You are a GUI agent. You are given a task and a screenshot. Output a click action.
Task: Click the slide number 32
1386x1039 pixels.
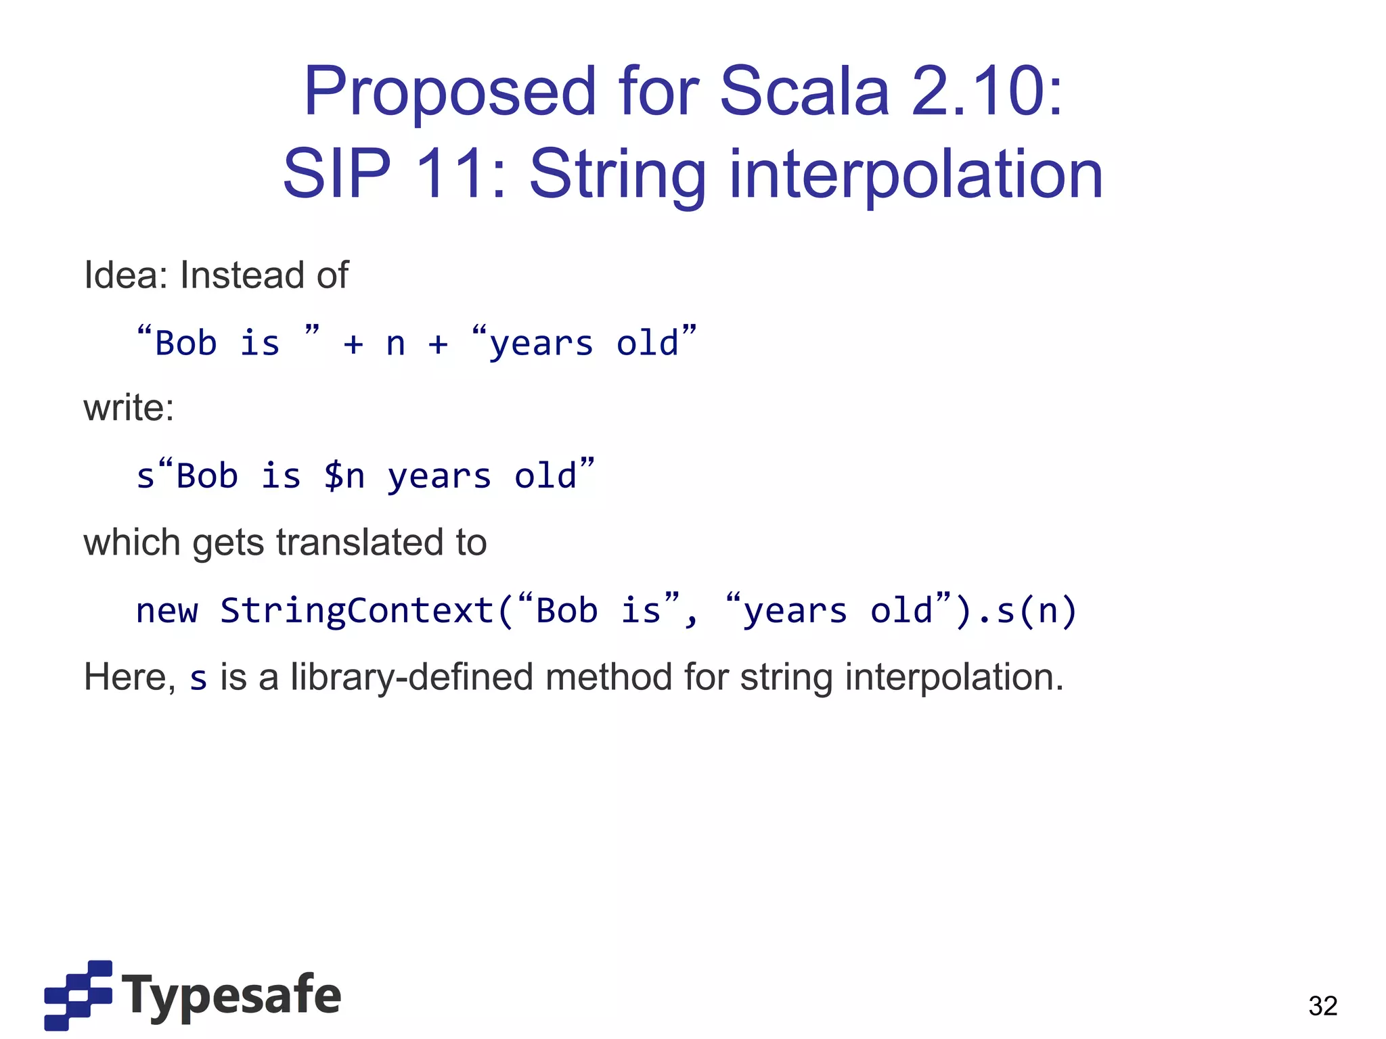[1322, 1006]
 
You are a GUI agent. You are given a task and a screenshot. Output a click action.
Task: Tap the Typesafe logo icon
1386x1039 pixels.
[78, 994]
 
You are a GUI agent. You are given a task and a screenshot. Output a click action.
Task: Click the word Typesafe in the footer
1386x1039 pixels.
[231, 995]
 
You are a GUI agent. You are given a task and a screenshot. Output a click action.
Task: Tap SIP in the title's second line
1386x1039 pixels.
[336, 175]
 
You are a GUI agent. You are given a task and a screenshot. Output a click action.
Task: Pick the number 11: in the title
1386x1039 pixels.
[460, 175]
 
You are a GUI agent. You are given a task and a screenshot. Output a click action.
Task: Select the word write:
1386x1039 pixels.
[129, 408]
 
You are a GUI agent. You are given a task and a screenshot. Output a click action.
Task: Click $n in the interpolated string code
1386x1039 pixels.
[344, 476]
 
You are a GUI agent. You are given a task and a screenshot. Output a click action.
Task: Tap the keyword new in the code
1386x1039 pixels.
[166, 610]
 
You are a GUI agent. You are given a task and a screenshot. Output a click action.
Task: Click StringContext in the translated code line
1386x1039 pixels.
[357, 610]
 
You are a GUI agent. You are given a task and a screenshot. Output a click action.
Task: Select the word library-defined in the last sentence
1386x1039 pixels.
[411, 677]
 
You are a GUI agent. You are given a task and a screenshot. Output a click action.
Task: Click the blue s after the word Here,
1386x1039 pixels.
[198, 678]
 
